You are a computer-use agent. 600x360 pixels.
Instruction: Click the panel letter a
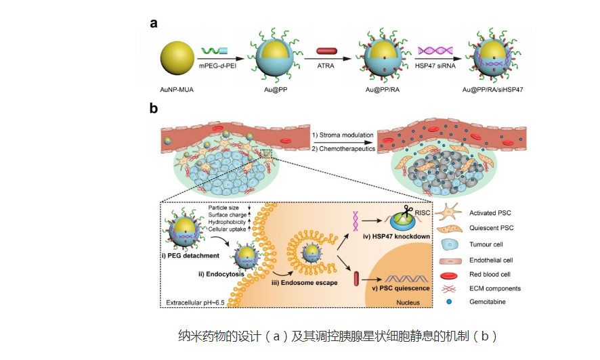(x=154, y=23)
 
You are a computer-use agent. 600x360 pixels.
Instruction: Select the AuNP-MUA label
(x=177, y=89)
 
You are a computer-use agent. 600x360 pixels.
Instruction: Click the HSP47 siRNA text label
(x=435, y=66)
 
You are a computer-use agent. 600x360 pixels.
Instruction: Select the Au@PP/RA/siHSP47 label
(x=494, y=89)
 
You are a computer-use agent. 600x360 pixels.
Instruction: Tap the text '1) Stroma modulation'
(x=343, y=135)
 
